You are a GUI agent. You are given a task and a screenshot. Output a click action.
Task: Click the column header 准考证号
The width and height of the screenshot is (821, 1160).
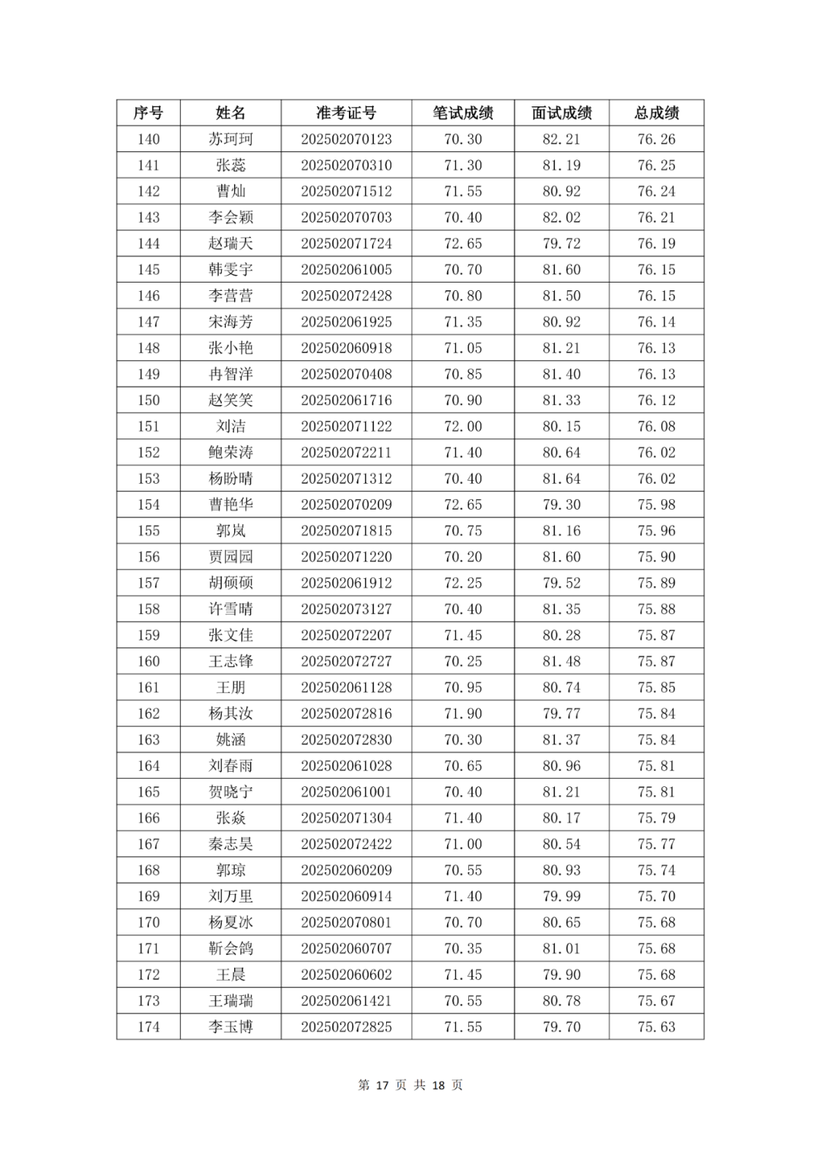click(x=346, y=113)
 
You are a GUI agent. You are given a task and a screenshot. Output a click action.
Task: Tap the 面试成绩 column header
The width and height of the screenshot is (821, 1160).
click(x=561, y=113)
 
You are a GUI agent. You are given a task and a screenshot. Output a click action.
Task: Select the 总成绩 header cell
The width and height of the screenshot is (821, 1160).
click(x=656, y=113)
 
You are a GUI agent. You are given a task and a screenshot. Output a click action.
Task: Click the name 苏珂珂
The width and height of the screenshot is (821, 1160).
click(x=230, y=139)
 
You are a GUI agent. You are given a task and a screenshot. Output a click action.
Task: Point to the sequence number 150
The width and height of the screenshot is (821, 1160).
click(x=148, y=400)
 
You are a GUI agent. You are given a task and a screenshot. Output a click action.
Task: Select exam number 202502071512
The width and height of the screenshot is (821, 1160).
click(x=346, y=191)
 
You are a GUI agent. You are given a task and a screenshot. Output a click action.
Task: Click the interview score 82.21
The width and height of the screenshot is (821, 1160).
click(x=561, y=139)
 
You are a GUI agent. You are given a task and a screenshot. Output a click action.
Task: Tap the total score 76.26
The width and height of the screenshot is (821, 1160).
click(x=656, y=139)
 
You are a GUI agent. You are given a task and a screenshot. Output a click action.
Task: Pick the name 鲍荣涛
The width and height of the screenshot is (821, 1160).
click(x=230, y=453)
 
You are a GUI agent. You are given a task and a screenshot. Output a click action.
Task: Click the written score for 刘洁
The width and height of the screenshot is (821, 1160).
click(x=463, y=426)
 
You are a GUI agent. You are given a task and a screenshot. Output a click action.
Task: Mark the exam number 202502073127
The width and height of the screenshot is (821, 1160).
click(x=346, y=609)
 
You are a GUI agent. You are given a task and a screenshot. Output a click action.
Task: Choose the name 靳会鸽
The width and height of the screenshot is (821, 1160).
click(x=230, y=949)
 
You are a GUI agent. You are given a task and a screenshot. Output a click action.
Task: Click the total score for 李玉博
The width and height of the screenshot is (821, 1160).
click(x=656, y=1027)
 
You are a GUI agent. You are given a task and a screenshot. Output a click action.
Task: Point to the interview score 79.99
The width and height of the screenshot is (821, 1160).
click(x=561, y=896)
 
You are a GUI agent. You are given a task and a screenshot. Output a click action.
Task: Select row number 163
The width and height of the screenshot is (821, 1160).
click(x=148, y=740)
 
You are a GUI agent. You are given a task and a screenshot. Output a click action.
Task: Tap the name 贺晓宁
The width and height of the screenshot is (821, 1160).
click(x=230, y=792)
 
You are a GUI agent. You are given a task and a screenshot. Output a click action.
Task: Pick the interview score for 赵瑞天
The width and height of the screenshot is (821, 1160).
click(x=561, y=244)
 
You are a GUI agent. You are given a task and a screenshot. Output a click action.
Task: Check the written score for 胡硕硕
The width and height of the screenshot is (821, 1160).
click(x=463, y=583)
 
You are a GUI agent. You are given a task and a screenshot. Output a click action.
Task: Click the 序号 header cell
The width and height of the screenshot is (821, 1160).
click(x=148, y=113)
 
